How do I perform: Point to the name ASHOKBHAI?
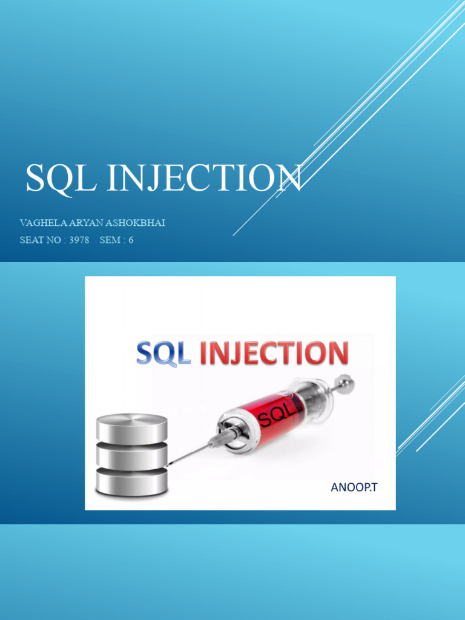(135, 223)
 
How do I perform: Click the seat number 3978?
(79, 240)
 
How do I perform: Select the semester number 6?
(130, 240)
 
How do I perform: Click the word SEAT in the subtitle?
(32, 240)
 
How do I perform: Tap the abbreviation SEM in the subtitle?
(110, 240)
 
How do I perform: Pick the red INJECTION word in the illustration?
(274, 354)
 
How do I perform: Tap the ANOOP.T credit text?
(354, 487)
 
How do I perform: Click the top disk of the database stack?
(132, 427)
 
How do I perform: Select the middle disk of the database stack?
(132, 454)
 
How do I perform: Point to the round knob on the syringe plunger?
(346, 381)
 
